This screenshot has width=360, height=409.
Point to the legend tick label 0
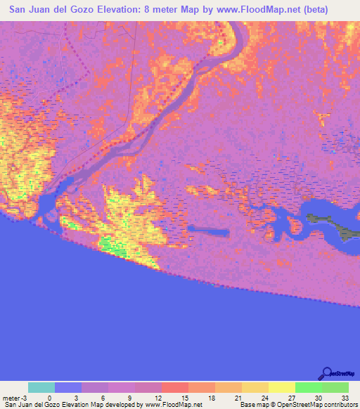(x=49, y=397)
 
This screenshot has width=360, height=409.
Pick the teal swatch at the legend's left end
(x=41, y=387)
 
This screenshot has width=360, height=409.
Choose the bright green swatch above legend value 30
(x=308, y=387)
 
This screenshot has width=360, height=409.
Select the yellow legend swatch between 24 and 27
(x=281, y=387)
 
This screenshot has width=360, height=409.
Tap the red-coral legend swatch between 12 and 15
(x=175, y=387)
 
